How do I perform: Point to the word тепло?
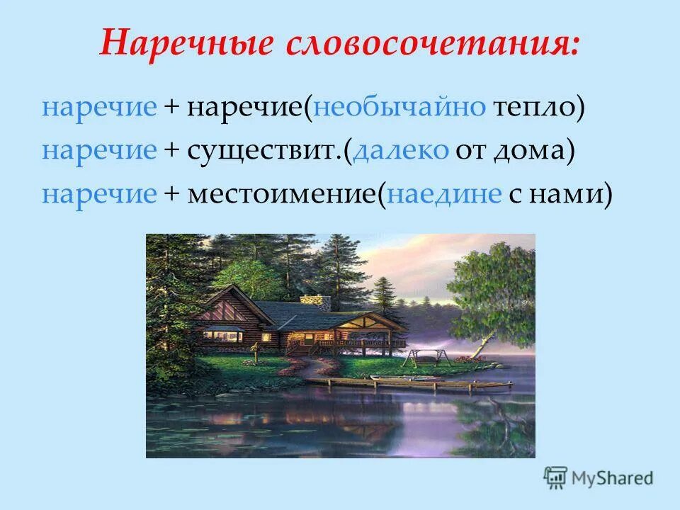(532, 108)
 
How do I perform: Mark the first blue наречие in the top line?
(99, 108)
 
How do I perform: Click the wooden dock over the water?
(418, 383)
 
